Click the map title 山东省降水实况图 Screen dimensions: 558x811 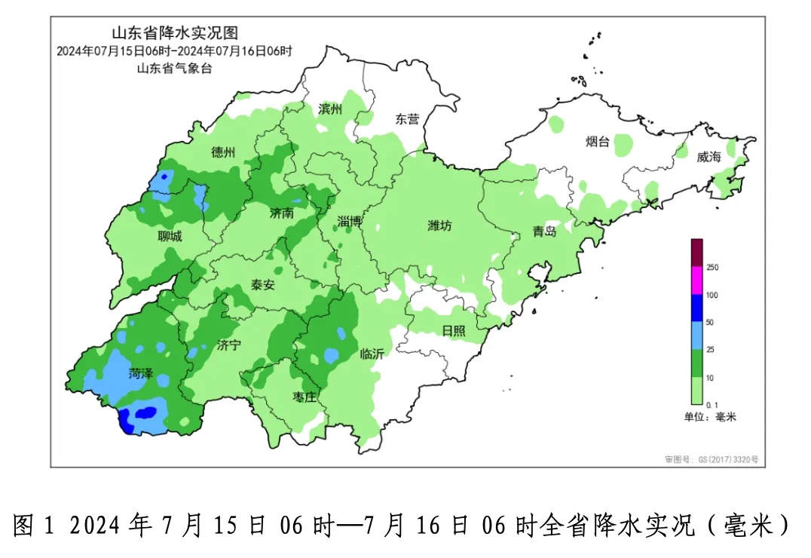click(175, 33)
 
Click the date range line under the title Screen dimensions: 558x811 click(174, 51)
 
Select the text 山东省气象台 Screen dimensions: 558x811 click(174, 69)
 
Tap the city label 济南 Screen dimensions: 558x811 click(281, 213)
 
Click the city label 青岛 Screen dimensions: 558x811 click(544, 231)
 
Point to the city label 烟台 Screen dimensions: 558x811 click(598, 141)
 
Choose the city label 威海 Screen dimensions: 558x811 click(708, 157)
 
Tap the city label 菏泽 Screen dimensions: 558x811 click(140, 373)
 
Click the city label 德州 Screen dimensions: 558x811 click(224, 153)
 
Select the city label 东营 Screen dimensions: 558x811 click(408, 119)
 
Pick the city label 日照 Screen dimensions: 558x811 click(454, 330)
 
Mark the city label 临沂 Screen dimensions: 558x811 click(372, 354)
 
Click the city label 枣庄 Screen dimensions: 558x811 click(304, 397)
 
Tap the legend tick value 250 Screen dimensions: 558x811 click(713, 268)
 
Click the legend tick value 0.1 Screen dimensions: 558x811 click(712, 406)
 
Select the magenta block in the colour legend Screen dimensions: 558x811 click(697, 281)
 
